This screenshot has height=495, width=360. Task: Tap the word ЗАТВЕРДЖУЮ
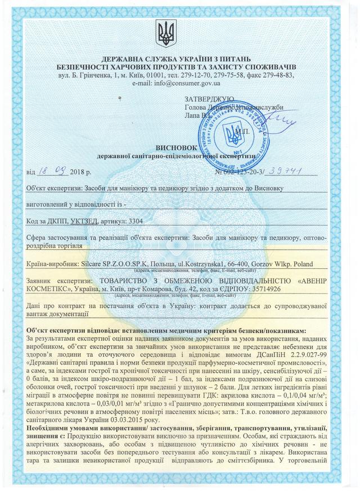(x=208, y=98)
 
